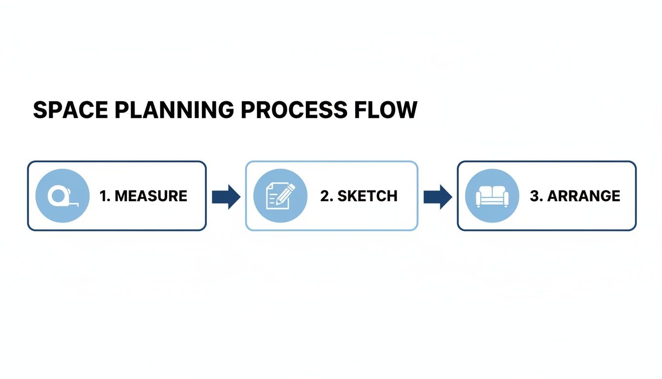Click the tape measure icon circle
(63, 196)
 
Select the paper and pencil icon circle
(280, 196)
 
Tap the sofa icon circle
(492, 196)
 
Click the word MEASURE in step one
(151, 196)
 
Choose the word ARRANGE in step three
(584, 196)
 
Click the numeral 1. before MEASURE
(104, 196)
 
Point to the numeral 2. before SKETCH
(327, 196)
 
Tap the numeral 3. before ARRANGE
(536, 196)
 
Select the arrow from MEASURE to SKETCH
(226, 196)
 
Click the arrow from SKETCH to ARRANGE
(437, 196)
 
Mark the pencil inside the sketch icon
(286, 193)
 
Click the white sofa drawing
(492, 196)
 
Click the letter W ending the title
(405, 110)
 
